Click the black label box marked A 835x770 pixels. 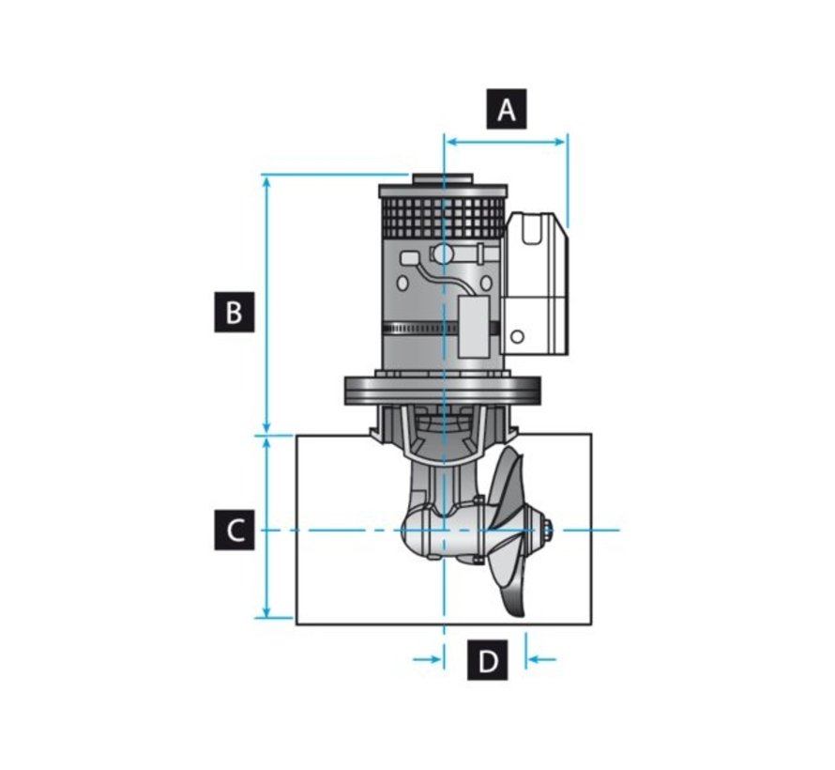coord(507,110)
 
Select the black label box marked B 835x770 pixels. coord(234,312)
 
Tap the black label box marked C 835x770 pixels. coord(234,530)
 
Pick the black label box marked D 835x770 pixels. coord(487,661)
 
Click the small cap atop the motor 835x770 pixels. coord(442,177)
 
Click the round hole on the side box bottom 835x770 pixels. coord(516,336)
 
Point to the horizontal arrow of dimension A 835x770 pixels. coord(506,142)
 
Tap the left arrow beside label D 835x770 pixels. coord(427,660)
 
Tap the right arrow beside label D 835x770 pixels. coord(541,660)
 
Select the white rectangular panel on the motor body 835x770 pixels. coord(471,328)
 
